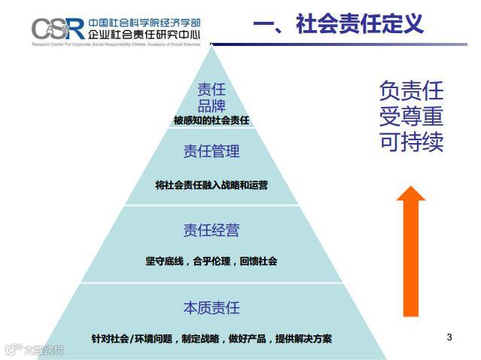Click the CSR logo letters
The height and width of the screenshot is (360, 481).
pos(57,29)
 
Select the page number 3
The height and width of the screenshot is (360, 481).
pos(449,337)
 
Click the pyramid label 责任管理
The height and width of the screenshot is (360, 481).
pos(212,151)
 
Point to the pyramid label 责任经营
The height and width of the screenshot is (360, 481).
pos(212,230)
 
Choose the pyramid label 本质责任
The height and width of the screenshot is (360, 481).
pos(212,307)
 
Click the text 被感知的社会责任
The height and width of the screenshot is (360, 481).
pos(211,120)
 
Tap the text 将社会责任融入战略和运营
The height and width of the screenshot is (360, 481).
pos(212,185)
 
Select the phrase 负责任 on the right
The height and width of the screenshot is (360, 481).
pos(411,91)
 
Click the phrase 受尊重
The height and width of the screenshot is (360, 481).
pos(411,117)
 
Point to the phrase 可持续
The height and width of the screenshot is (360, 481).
pos(411,142)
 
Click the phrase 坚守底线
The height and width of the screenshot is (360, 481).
pos(165,261)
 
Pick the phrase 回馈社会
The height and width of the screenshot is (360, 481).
pos(260,261)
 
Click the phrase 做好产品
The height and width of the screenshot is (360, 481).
pos(248,338)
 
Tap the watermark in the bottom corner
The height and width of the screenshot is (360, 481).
pos(34,349)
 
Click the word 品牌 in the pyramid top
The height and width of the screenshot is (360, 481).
pos(212,105)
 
